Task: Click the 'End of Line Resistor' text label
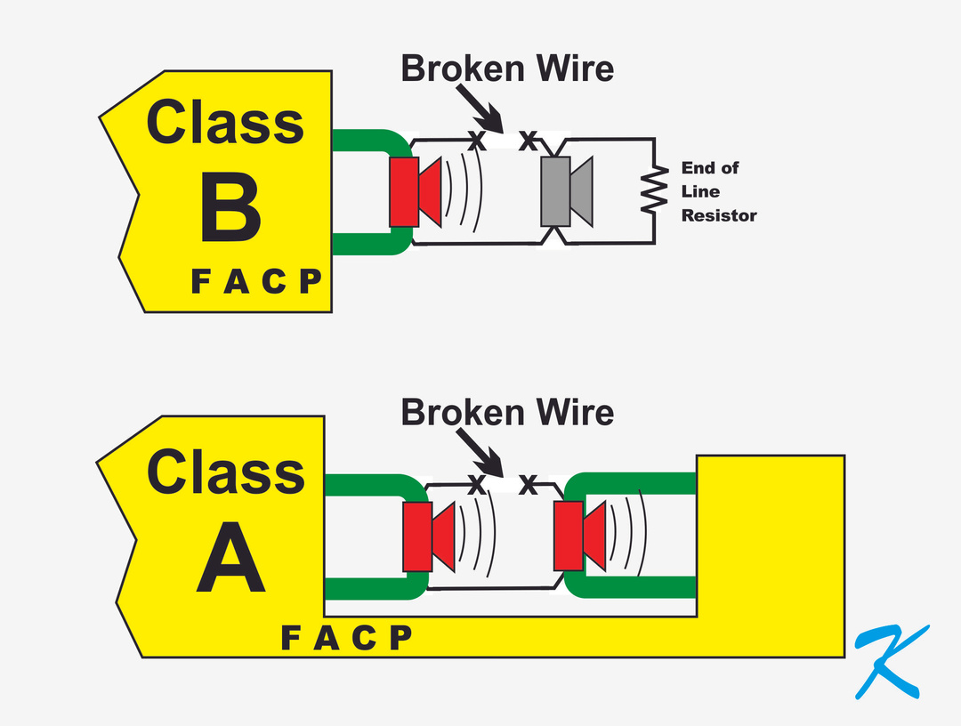pos(718,191)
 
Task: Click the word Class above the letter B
pos(225,123)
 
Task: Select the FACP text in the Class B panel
pos(256,282)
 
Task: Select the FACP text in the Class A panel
pos(347,637)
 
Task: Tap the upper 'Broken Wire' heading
pos(507,69)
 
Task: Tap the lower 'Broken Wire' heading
pos(507,412)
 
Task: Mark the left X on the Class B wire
pos(477,140)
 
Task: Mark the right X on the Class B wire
pos(528,140)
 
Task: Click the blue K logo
pos(890,660)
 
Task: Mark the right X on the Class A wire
pos(528,484)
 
